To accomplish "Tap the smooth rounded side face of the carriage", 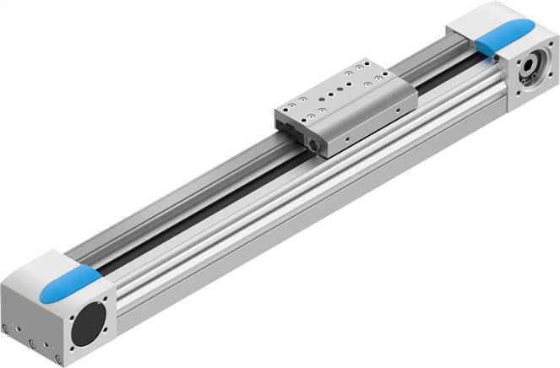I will pyautogui.click(x=372, y=127).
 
